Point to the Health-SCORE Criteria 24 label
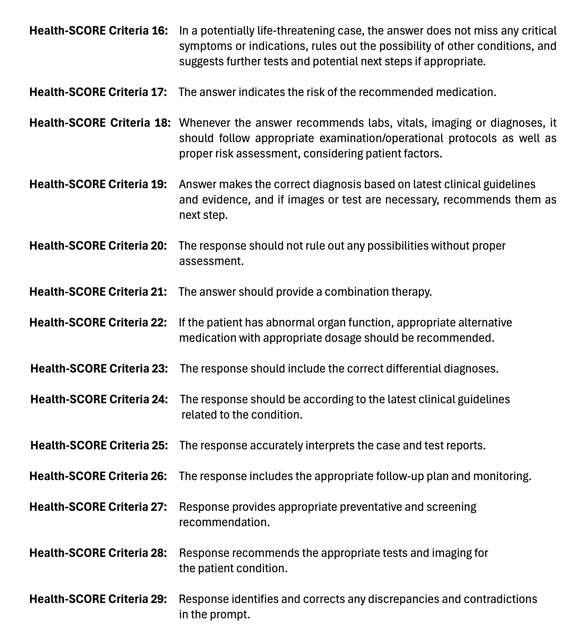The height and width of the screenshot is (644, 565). (x=99, y=399)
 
